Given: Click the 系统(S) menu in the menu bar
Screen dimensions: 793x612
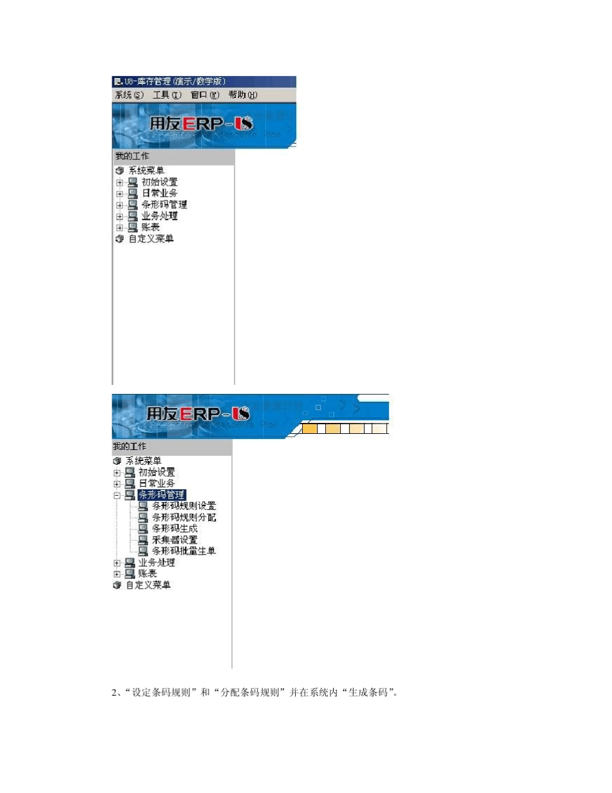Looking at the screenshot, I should [129, 95].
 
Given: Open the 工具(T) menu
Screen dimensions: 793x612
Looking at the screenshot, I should [167, 95].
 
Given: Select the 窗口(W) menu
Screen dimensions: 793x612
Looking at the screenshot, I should [205, 95].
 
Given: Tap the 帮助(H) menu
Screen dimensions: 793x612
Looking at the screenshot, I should [242, 95].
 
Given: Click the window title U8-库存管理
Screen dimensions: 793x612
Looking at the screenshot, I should [175, 81].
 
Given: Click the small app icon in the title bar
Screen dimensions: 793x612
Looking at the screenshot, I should [117, 81].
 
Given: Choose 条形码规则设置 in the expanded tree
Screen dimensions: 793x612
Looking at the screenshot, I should [184, 506].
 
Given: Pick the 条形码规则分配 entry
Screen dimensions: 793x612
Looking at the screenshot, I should [184, 517].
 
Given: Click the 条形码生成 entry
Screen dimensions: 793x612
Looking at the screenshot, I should [175, 529].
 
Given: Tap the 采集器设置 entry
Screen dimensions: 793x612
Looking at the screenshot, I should [175, 540].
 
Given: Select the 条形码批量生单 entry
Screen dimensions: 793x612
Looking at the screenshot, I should [184, 551].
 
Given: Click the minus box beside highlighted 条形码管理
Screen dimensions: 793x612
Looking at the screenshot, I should [117, 495].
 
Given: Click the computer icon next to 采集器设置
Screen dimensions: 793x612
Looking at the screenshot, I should [143, 540].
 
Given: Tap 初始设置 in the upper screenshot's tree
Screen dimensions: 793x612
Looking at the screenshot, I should [159, 182].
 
